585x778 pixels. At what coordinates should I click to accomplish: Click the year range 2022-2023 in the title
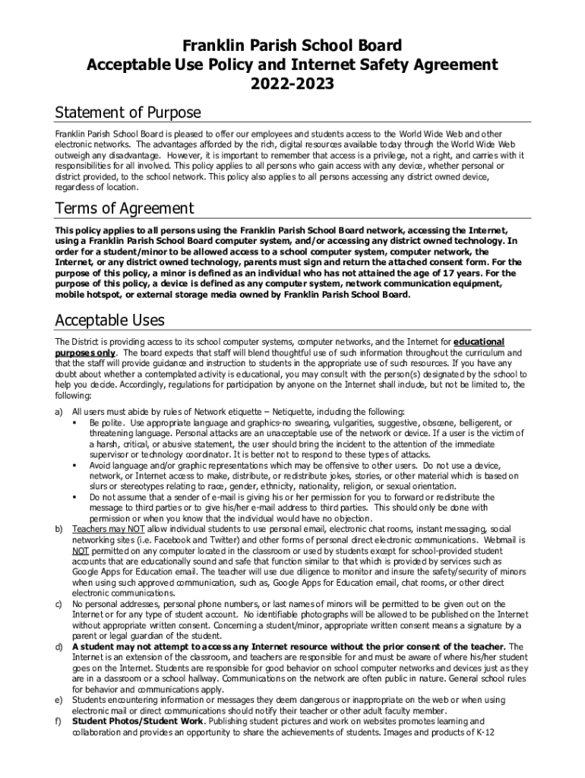tap(292, 83)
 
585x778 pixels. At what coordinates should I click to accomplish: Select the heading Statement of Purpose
tap(128, 113)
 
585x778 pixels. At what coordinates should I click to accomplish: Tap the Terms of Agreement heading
tap(125, 208)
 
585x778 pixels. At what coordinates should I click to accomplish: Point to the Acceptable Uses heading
tap(110, 321)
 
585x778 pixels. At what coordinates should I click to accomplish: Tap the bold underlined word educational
tap(479, 342)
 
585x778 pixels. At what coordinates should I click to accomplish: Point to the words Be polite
tap(106, 422)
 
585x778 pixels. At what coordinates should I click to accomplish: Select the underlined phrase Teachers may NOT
tap(107, 528)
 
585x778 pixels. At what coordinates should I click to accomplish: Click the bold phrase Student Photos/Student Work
tap(138, 720)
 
